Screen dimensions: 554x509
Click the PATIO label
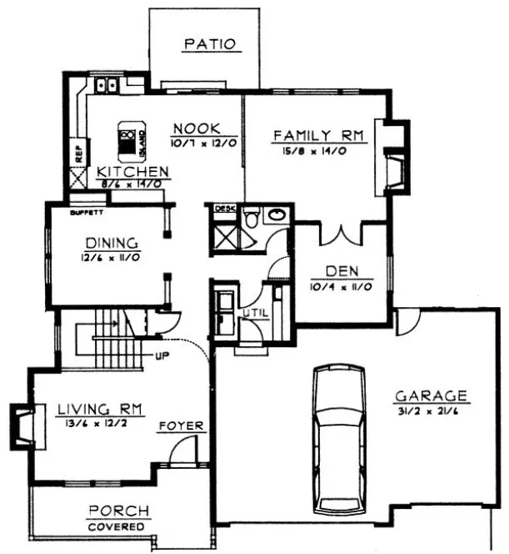click(x=210, y=43)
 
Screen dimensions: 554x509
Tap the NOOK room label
click(x=196, y=128)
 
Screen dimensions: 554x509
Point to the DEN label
click(x=342, y=271)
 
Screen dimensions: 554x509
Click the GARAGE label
click(x=431, y=395)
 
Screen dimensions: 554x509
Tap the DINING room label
click(x=111, y=244)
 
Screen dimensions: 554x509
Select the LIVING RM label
click(x=100, y=409)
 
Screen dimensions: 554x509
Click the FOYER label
click(x=182, y=426)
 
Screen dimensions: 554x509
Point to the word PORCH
click(x=119, y=511)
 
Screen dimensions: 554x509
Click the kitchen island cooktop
click(x=127, y=140)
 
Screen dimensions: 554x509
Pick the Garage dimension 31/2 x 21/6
click(x=430, y=410)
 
